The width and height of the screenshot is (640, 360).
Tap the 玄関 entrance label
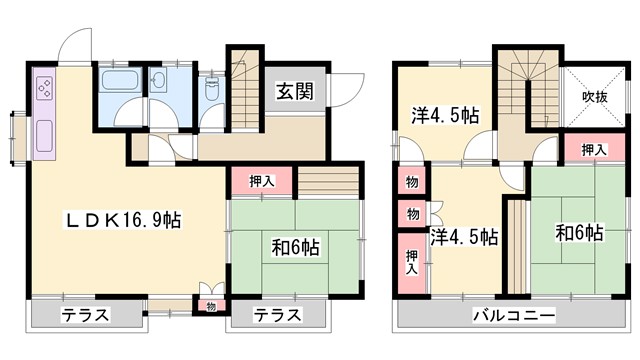(x=295, y=92)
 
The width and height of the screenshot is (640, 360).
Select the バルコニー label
(x=514, y=315)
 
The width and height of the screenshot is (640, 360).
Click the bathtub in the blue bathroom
(x=123, y=81)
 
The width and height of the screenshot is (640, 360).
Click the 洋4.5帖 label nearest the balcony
(x=465, y=238)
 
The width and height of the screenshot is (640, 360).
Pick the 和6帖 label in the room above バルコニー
(x=578, y=234)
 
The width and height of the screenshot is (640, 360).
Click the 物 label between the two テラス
(x=210, y=305)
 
